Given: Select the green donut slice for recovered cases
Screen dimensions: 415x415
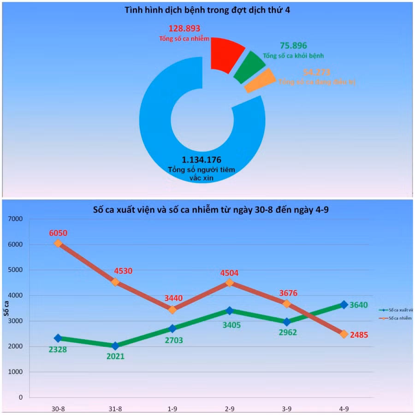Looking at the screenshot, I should coord(249,66).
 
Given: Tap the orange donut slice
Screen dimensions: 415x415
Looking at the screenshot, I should coord(260,80).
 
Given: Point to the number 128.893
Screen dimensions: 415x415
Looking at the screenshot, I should coord(184,29).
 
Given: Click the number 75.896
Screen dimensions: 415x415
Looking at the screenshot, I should coord(293,46).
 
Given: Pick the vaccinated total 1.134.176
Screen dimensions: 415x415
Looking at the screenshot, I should coord(202,160).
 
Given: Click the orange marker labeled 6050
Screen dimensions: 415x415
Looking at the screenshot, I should coord(58,243).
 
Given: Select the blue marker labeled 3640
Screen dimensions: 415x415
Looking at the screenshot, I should coord(344,304).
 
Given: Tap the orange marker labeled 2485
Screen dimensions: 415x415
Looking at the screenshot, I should coord(344,334).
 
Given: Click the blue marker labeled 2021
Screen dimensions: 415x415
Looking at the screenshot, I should coord(115,345).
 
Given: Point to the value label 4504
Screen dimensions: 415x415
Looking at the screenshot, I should coord(229,273).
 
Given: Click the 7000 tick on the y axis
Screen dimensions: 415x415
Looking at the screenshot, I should coord(15,219).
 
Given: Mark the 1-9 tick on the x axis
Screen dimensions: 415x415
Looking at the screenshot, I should coord(172,408).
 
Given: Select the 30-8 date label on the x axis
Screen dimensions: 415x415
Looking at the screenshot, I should coord(58,408).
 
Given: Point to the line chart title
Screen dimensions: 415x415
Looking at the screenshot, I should coord(207,210).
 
